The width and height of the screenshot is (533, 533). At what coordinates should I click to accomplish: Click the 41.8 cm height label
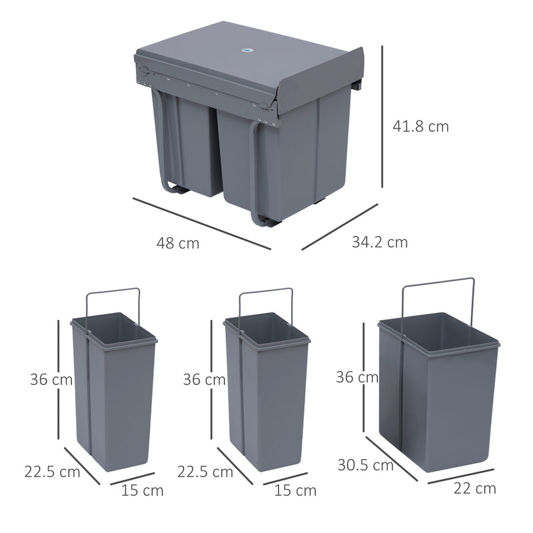click(x=421, y=126)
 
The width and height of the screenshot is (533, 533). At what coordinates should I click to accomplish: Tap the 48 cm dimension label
click(x=178, y=243)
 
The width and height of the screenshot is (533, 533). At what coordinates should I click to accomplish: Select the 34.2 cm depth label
click(x=380, y=242)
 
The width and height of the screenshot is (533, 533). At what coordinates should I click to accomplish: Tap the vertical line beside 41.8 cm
click(x=382, y=117)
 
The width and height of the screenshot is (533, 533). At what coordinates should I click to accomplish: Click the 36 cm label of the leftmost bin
click(x=51, y=380)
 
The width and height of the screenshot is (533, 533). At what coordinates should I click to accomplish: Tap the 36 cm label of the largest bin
click(x=357, y=377)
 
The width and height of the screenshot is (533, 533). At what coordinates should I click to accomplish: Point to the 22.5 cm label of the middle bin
click(x=205, y=472)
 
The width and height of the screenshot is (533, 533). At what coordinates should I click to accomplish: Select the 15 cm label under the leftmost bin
click(x=143, y=491)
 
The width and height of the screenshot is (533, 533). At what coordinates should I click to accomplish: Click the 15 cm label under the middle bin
click(x=296, y=491)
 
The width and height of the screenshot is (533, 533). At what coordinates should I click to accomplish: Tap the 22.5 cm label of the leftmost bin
click(x=52, y=472)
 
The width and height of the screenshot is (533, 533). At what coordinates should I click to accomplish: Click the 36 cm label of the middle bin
click(x=204, y=380)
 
